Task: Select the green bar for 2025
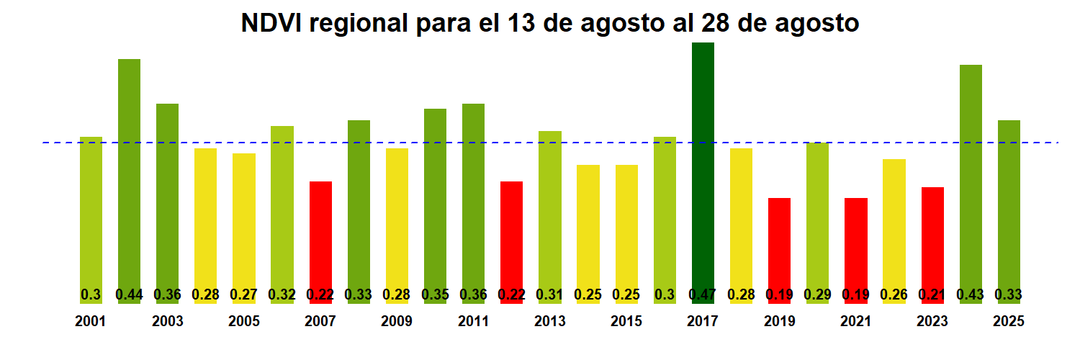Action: click(x=1009, y=205)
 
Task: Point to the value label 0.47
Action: click(x=703, y=294)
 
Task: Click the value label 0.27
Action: click(x=244, y=294)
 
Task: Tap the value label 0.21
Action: click(x=932, y=294)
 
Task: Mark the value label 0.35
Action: click(x=435, y=294)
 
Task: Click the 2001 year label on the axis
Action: click(x=91, y=322)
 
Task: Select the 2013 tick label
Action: click(x=550, y=322)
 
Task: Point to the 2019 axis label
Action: click(x=780, y=322)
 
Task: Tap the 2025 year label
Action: click(x=1009, y=322)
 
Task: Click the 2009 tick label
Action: click(x=397, y=322)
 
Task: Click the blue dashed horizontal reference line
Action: click(x=504, y=143)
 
